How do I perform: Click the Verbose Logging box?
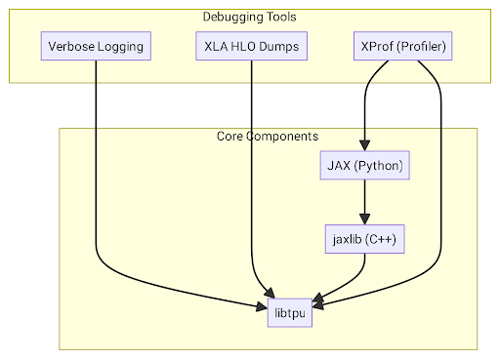96,46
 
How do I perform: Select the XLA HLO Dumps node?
252,46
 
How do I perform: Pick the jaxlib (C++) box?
364,239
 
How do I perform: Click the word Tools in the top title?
279,17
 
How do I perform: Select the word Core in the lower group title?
230,136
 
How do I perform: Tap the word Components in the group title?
277,136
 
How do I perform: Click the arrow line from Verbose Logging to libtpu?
96,176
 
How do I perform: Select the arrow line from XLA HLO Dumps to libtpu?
252,176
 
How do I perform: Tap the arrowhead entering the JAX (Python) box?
364,145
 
